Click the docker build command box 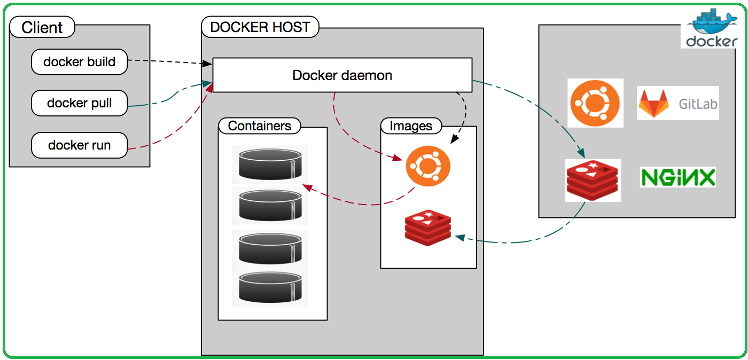80,62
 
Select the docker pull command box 80,103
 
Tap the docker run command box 80,145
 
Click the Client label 42,27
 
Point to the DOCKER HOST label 260,27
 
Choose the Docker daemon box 342,75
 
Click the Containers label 260,126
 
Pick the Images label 411,126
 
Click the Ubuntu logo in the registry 595,103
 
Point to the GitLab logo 678,103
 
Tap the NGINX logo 677,177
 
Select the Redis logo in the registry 593,180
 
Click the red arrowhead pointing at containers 306,186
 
